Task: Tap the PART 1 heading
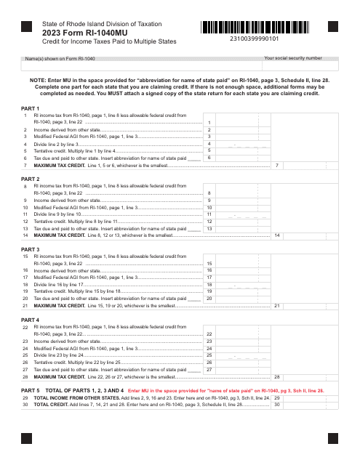(x=31, y=108)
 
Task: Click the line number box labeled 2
(x=209, y=129)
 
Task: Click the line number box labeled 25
(x=209, y=355)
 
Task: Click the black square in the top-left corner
(x=27, y=27)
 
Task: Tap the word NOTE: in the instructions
(x=39, y=81)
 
